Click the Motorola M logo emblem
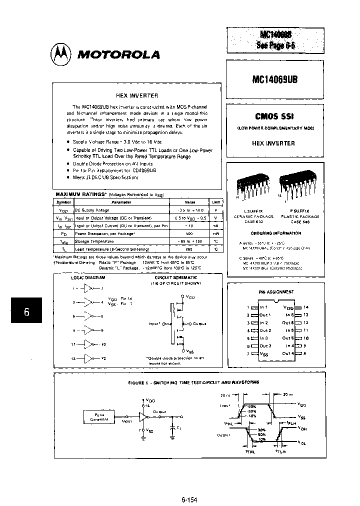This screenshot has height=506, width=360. (x=61, y=53)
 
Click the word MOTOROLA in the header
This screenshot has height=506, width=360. (x=118, y=54)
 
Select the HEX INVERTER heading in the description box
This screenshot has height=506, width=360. (x=136, y=95)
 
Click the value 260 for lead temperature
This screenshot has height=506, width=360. (x=189, y=248)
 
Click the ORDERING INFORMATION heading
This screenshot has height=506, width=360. (x=275, y=233)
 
